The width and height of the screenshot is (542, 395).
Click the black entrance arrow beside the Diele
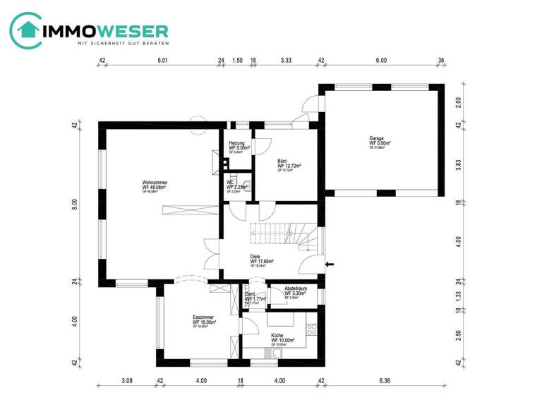(330, 265)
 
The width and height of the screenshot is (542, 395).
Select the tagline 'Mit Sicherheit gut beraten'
(122, 44)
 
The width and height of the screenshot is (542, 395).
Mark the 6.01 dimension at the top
(162, 61)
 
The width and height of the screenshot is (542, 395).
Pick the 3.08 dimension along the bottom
(128, 382)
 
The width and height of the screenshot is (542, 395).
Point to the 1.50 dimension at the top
(237, 61)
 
